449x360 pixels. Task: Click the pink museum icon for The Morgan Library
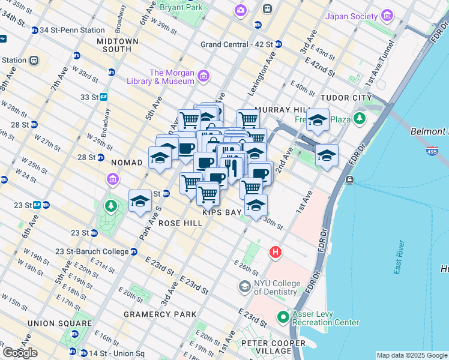[203, 76]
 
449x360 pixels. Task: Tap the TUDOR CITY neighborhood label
[347, 98]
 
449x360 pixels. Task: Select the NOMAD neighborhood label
[127, 163]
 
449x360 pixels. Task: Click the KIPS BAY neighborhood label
[221, 212]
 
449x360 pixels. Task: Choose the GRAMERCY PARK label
[160, 314]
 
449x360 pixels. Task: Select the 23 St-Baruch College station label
[91, 251]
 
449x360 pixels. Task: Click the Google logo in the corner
[20, 353]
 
